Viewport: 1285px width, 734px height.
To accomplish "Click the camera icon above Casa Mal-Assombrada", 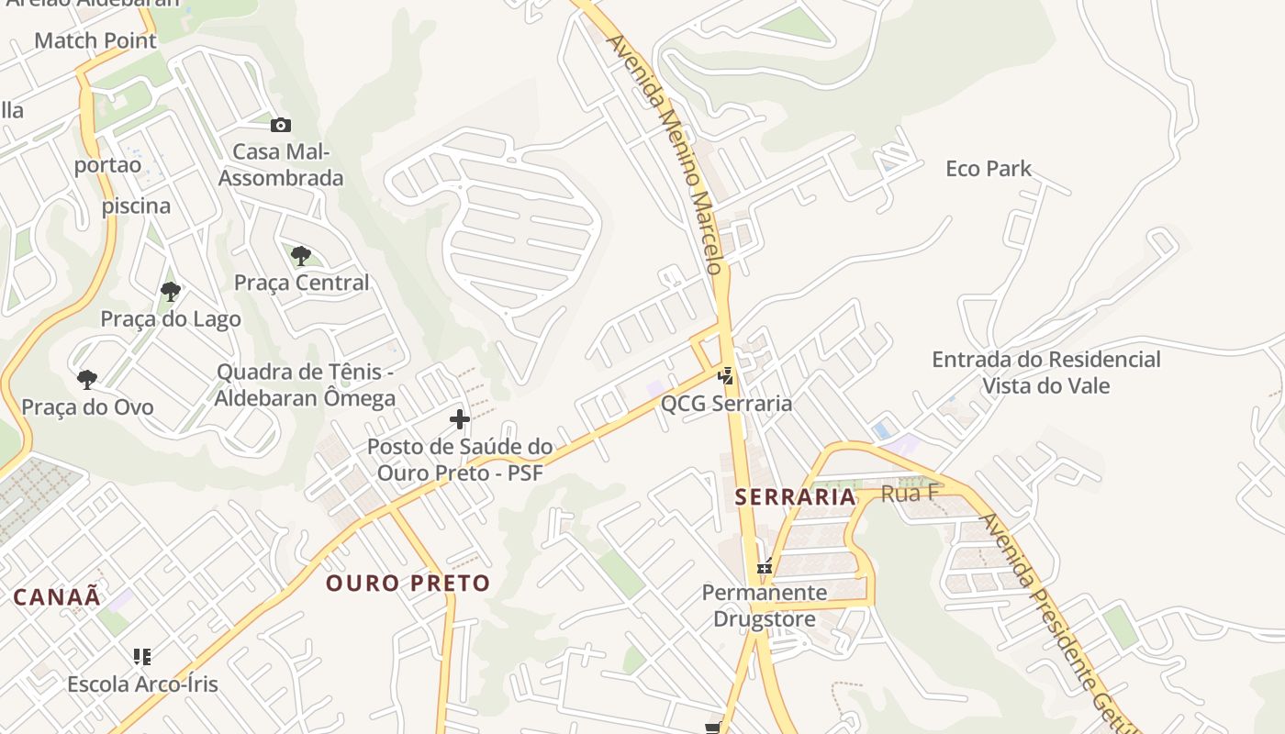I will click(x=280, y=125).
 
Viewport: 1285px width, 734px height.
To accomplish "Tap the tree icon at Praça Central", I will click(x=300, y=256).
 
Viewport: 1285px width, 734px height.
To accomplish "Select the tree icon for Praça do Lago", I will click(x=170, y=292).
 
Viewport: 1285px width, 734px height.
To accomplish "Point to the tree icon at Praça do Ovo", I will click(x=87, y=379).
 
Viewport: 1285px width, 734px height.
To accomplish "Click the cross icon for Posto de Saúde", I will click(x=460, y=420).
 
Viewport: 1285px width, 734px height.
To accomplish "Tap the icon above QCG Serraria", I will click(x=726, y=376).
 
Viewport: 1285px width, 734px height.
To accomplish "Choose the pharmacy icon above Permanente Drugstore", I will click(x=764, y=568).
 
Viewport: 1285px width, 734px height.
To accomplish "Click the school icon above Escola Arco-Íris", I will click(x=142, y=656).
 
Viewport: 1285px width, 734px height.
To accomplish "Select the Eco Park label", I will click(x=989, y=169).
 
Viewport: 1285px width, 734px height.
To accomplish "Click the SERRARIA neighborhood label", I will click(x=795, y=497).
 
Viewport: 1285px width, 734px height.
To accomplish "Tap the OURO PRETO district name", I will click(x=408, y=584).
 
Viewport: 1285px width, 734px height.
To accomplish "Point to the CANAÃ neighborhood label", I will click(x=57, y=596).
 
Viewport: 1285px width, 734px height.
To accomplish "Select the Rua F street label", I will click(x=910, y=494).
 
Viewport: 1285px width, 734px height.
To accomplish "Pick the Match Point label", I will click(x=95, y=40).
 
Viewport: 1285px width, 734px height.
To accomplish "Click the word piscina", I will click(x=136, y=206).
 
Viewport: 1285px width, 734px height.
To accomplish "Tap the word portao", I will click(x=108, y=165).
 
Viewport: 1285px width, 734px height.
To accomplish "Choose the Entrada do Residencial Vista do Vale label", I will click(x=1046, y=373).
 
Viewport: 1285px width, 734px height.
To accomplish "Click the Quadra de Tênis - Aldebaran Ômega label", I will click(x=306, y=385).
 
